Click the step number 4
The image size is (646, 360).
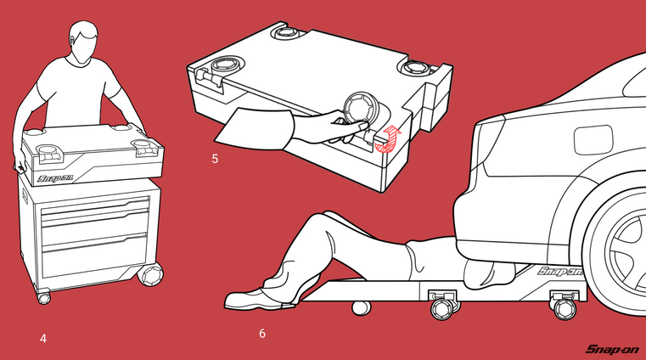coord(43,339)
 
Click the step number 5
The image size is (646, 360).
coord(215,159)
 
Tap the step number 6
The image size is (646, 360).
coord(262,333)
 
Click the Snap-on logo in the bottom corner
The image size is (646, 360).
coord(612,349)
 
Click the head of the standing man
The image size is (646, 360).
coord(84,42)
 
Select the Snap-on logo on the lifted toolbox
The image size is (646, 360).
coord(55,178)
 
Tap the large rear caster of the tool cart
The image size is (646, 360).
coord(151,275)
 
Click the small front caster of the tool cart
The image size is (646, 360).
coord(43,298)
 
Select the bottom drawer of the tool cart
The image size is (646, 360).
coord(95,256)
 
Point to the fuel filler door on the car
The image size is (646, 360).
coord(593,140)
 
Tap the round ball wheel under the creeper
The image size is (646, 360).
coord(361,307)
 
